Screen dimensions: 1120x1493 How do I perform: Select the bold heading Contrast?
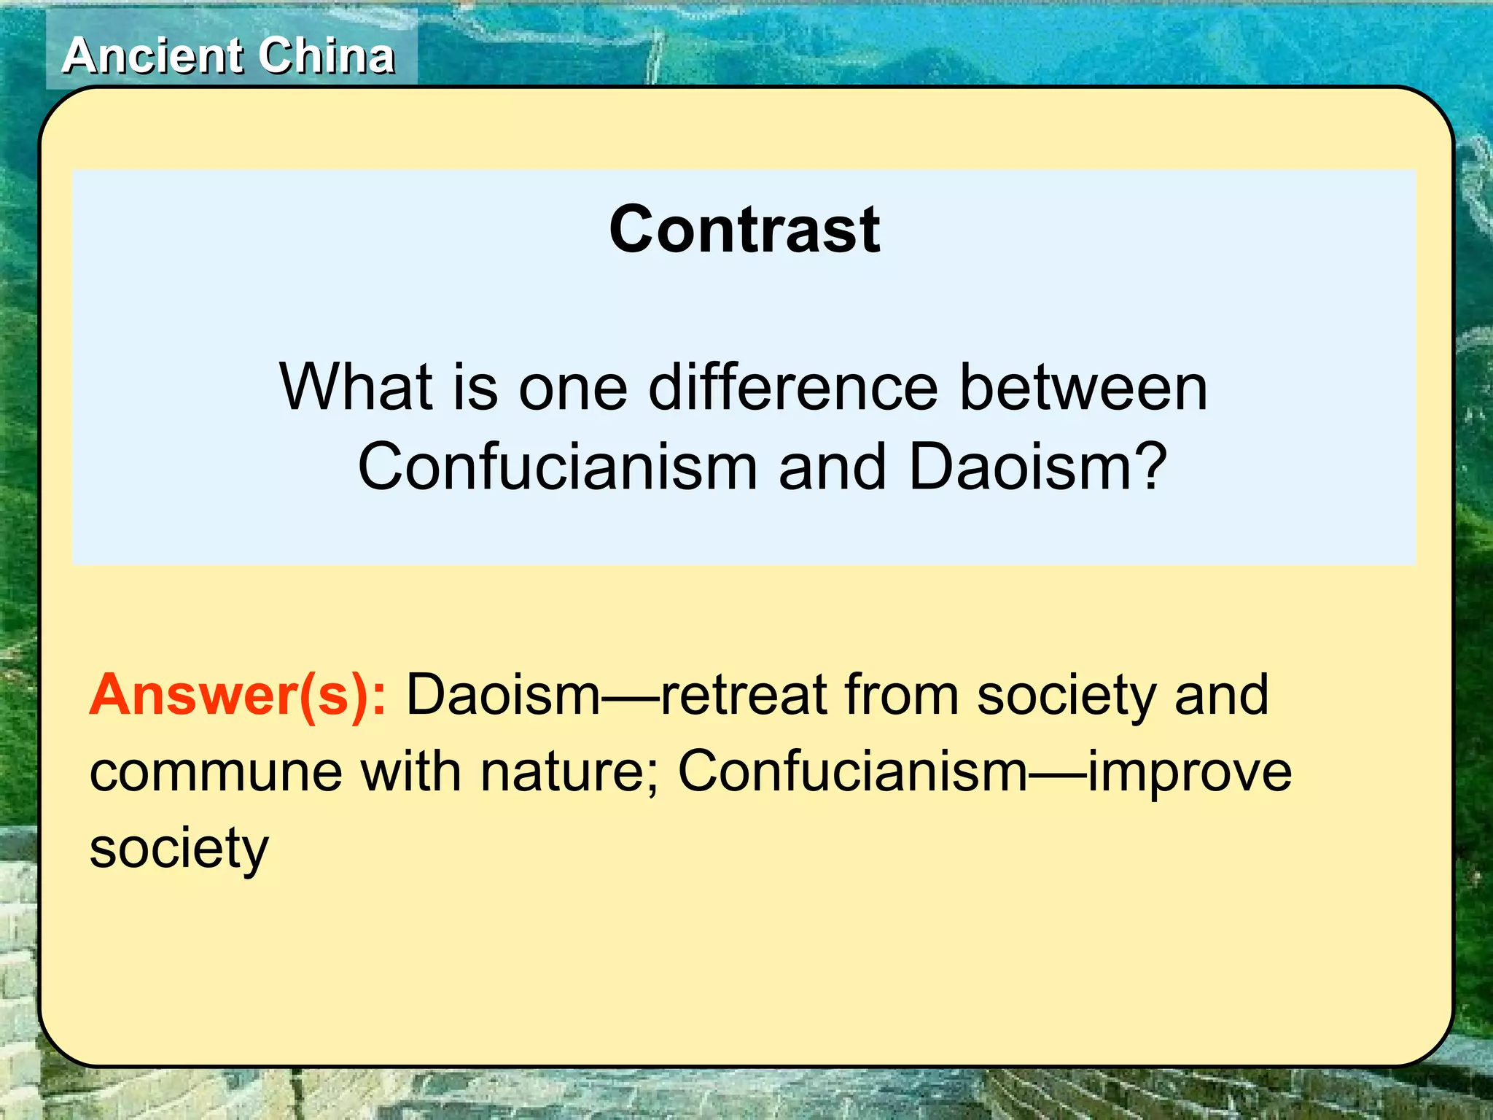(x=744, y=230)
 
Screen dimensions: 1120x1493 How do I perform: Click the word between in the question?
(x=1083, y=387)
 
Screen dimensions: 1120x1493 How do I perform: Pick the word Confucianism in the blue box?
(x=557, y=467)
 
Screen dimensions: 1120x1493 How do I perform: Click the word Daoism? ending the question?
(x=1038, y=467)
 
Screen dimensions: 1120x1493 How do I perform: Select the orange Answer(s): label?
(x=238, y=695)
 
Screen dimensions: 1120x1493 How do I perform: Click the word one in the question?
(x=573, y=387)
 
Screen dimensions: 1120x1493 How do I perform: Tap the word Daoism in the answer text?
(x=502, y=695)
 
